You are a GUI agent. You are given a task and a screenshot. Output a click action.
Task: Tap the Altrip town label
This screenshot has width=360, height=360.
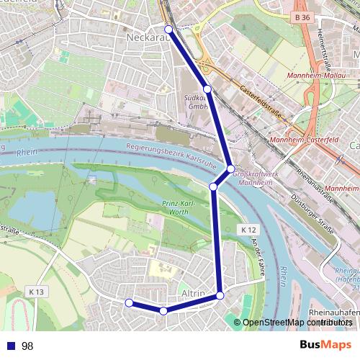pos(194,294)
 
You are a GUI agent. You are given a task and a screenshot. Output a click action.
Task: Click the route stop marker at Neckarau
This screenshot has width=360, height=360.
pos(169,30)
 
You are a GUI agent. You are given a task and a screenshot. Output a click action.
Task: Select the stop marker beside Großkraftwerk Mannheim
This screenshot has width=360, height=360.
pos(231,169)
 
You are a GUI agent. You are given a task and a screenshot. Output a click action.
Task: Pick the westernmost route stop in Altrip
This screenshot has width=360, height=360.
pos(129,303)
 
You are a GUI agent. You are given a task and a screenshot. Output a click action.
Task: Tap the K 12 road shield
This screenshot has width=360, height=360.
pos(248,229)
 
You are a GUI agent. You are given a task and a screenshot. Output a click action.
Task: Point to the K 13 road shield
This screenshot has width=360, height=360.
pos(37,292)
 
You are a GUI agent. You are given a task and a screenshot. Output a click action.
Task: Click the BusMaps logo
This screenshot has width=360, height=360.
pos(325,345)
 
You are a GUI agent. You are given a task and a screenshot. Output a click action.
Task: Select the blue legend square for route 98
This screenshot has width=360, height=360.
pos(10,346)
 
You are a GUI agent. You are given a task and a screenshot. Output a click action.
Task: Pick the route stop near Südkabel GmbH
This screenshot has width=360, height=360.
pos(207,89)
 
